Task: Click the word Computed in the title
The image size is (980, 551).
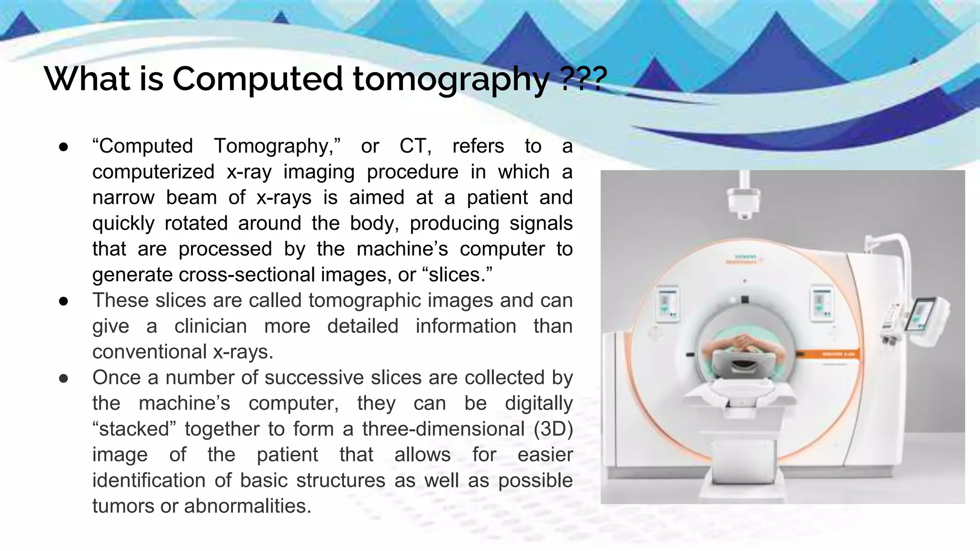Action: [257, 78]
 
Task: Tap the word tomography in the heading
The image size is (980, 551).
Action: [451, 79]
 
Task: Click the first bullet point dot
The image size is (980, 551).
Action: [64, 147]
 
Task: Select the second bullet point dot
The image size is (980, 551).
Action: [64, 301]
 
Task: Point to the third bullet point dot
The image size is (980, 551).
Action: [64, 378]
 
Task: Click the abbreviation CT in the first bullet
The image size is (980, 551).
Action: [415, 146]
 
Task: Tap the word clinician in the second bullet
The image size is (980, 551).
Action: [211, 326]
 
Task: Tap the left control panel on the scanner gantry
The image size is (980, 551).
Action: [668, 304]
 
